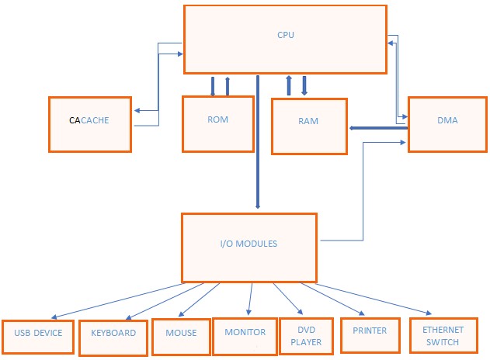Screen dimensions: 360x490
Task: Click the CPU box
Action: (x=285, y=40)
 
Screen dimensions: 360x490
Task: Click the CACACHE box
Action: (x=89, y=123)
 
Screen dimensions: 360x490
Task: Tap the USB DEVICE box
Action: (x=38, y=335)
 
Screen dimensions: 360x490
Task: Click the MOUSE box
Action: (x=180, y=335)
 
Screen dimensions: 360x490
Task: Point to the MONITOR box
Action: (x=245, y=334)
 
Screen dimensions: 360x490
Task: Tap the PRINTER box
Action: (x=370, y=334)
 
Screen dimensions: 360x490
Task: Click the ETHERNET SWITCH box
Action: (x=442, y=336)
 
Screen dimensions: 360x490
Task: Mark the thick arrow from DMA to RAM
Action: (x=378, y=127)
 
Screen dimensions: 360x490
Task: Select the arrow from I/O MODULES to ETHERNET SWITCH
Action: (x=373, y=299)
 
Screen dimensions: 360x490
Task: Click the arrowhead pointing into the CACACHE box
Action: (x=137, y=111)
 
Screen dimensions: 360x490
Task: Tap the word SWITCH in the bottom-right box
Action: (x=442, y=342)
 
